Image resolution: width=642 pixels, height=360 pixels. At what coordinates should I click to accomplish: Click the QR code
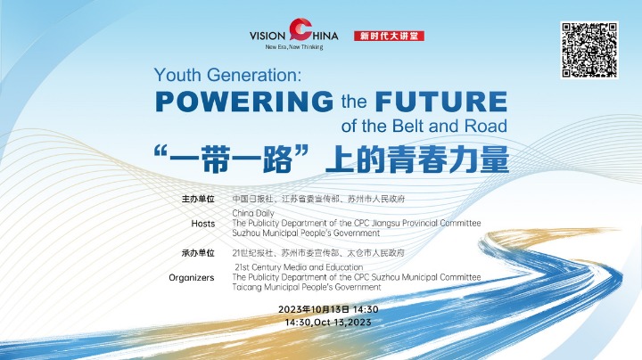[x=589, y=50]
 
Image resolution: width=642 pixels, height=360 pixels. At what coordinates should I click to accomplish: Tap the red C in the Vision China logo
[x=300, y=29]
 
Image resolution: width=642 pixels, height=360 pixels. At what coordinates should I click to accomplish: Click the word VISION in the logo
[x=267, y=36]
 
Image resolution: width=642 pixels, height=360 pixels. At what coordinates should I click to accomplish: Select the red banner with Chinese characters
[x=389, y=36]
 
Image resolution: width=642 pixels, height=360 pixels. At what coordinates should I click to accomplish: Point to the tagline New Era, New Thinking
[x=294, y=47]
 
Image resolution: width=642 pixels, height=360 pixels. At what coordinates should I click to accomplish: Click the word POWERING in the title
[x=244, y=102]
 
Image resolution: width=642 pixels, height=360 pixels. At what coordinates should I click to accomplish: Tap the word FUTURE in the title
[x=441, y=102]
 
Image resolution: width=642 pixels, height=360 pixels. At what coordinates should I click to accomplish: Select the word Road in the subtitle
[x=486, y=126]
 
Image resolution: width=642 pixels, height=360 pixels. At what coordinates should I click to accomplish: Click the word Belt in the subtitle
[x=409, y=126]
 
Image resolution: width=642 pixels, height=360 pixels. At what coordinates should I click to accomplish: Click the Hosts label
[x=203, y=224]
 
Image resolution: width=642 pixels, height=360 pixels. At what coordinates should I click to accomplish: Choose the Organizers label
[x=192, y=278]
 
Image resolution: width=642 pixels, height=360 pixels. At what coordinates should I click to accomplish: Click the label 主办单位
[x=198, y=200]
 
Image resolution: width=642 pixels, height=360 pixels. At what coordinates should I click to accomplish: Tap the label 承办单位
[x=198, y=253]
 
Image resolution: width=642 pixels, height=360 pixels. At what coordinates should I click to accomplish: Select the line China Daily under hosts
[x=253, y=213]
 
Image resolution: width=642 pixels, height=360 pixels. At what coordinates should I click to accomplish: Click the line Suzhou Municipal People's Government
[x=306, y=233]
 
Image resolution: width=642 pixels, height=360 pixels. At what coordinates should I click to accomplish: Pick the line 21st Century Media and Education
[x=299, y=267]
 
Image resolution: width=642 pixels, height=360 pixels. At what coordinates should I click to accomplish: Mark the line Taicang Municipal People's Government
[x=307, y=287]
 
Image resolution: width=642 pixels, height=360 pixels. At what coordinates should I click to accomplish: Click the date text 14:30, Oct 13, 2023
[x=328, y=323]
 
